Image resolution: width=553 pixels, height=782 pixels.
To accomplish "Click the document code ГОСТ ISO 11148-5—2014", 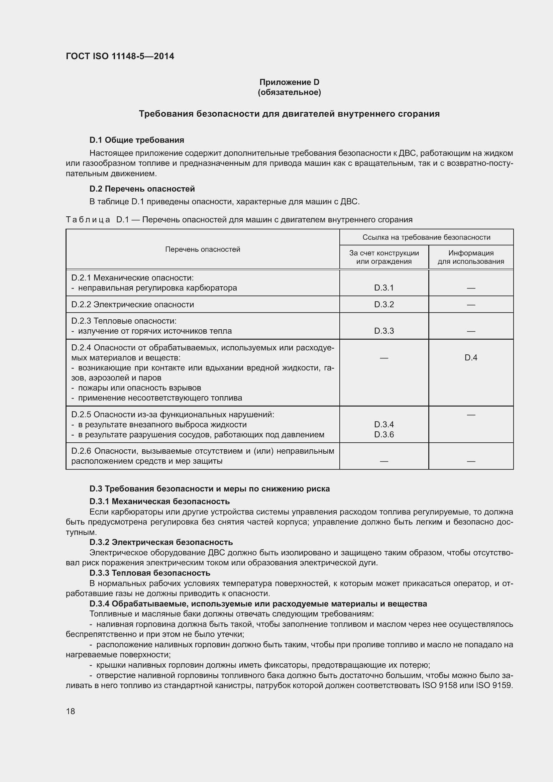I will (x=120, y=56).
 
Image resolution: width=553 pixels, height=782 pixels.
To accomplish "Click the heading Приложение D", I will (x=289, y=82).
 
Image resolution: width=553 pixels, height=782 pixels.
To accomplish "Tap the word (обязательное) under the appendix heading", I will (x=289, y=92).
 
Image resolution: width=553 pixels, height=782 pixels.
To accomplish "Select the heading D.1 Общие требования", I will (x=136, y=140).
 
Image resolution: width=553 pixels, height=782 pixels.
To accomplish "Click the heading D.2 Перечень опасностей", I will (x=142, y=189).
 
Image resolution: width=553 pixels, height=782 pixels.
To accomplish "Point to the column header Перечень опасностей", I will (x=203, y=249).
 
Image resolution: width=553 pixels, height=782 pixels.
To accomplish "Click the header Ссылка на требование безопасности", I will (x=426, y=237).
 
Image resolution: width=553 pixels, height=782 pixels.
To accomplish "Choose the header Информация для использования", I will (x=471, y=257).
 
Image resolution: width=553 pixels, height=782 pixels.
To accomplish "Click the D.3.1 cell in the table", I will (x=384, y=288).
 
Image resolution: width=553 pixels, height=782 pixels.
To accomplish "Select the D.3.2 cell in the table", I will (x=384, y=305).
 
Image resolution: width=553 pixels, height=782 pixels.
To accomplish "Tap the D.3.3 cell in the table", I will (x=384, y=331).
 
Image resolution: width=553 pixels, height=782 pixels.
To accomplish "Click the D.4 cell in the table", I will (x=471, y=358).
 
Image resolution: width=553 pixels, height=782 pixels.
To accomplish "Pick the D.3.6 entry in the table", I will (x=384, y=435).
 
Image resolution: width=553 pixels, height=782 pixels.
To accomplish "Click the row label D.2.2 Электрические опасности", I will (x=132, y=305).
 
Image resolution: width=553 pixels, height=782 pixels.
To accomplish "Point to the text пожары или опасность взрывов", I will (x=139, y=388).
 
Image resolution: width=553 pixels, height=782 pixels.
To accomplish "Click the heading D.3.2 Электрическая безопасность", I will (x=161, y=542).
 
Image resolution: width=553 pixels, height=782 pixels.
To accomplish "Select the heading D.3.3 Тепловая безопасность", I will (x=149, y=573).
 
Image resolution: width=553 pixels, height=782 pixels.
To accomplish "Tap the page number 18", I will (x=71, y=711).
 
